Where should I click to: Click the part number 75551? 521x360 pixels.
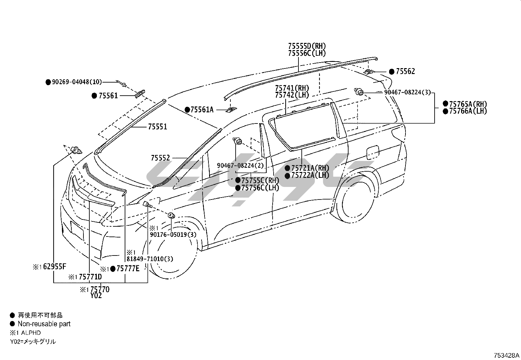(157, 127)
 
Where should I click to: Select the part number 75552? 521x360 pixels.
(160, 158)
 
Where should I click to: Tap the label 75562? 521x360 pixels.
(405, 71)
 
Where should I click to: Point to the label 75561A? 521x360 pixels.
(202, 109)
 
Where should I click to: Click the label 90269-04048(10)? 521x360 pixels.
(77, 82)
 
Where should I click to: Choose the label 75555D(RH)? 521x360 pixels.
(307, 46)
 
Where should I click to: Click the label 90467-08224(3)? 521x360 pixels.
(407, 92)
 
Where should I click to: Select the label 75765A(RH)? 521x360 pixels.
(468, 104)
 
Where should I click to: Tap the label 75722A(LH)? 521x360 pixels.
(310, 175)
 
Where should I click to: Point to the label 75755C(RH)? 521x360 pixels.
(260, 180)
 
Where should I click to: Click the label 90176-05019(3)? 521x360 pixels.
(173, 235)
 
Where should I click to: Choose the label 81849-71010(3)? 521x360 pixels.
(150, 259)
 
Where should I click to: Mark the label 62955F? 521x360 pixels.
(55, 266)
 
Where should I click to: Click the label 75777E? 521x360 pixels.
(128, 269)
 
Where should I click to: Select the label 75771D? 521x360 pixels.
(90, 277)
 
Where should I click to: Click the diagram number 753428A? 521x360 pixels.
(506, 355)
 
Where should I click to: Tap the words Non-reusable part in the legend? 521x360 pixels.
(44, 324)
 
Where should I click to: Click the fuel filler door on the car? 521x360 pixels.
(373, 152)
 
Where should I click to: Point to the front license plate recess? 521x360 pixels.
(77, 230)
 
